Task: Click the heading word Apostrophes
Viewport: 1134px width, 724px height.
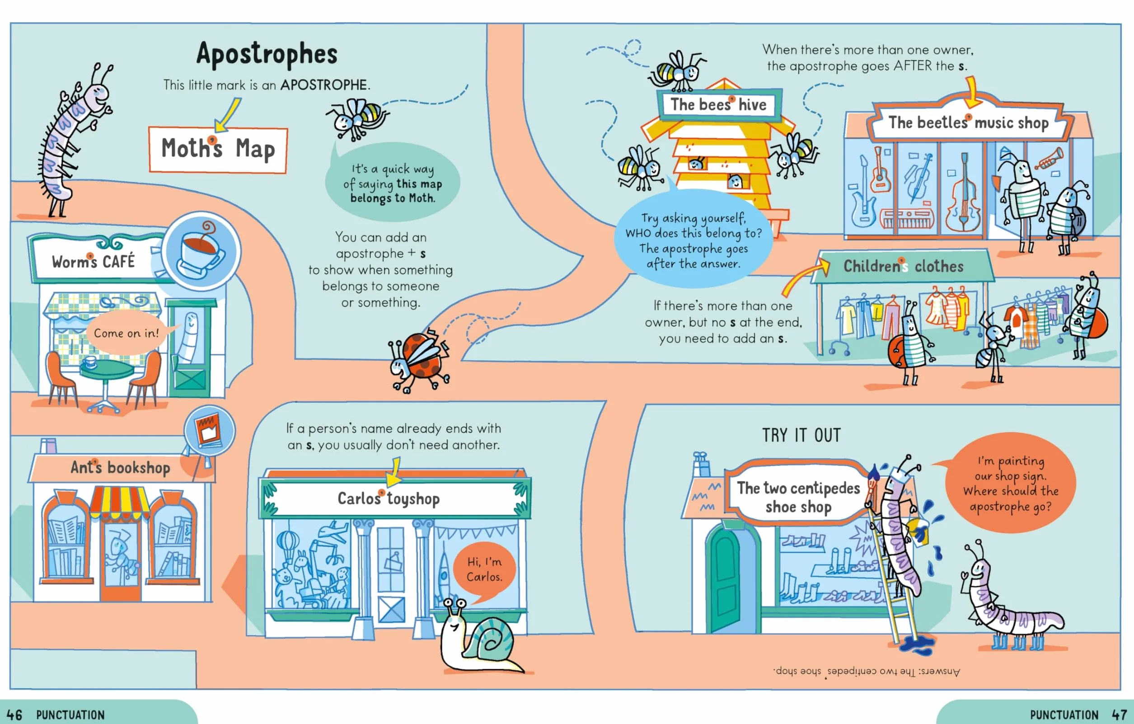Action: (x=267, y=54)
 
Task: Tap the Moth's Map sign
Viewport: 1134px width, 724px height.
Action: (x=218, y=150)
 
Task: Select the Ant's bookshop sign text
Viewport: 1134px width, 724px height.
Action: (x=121, y=467)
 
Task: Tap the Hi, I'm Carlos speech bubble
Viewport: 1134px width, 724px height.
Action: (x=485, y=570)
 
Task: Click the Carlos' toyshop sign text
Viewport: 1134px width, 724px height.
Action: (x=389, y=498)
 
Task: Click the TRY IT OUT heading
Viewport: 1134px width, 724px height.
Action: (x=801, y=435)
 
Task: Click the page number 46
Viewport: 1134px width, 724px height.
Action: (x=14, y=715)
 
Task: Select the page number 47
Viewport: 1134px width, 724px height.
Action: (x=1120, y=715)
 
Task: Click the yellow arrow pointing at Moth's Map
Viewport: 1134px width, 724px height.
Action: (x=227, y=115)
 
